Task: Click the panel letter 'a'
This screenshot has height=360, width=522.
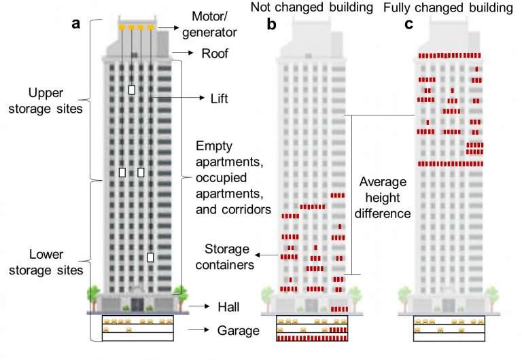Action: [x=76, y=24]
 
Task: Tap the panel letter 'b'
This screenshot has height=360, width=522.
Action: [x=271, y=24]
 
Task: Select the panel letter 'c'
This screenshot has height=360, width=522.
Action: [x=408, y=24]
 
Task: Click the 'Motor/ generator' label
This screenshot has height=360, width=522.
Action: [x=209, y=24]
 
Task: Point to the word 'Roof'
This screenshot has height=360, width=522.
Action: [x=215, y=53]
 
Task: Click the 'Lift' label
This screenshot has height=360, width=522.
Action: [x=219, y=98]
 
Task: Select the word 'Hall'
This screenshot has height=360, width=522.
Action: [x=228, y=307]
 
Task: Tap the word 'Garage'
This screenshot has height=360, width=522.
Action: [x=238, y=330]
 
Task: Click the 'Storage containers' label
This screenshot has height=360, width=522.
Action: [x=225, y=257]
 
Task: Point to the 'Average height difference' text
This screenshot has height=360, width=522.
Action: [x=383, y=198]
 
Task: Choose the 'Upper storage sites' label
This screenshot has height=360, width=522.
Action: [x=46, y=101]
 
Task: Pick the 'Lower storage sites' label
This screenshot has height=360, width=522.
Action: [x=46, y=262]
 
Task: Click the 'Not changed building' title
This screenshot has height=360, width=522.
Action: [x=311, y=7]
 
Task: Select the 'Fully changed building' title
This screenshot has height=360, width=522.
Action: [x=448, y=7]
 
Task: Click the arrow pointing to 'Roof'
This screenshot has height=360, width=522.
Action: [x=183, y=52]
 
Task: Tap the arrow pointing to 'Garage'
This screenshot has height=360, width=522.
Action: [x=198, y=329]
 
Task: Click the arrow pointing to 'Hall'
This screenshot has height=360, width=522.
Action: [x=198, y=306]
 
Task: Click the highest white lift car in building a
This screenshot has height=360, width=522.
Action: [x=132, y=90]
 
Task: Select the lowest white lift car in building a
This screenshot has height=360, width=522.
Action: [x=150, y=257]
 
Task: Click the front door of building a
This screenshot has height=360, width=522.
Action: [x=137, y=304]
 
